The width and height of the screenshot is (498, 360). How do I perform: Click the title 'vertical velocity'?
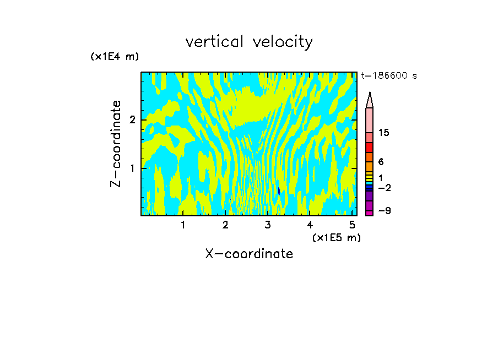click(x=249, y=42)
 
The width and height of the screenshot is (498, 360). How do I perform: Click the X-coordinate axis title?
click(x=249, y=254)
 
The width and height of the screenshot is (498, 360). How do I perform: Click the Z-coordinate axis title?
click(x=116, y=144)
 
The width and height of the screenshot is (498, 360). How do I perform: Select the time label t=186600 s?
click(x=388, y=76)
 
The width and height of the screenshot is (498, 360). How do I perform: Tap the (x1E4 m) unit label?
click(x=115, y=57)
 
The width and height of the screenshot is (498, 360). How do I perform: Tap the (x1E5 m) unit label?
click(x=336, y=237)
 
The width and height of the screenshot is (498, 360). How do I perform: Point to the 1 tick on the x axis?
click(x=183, y=225)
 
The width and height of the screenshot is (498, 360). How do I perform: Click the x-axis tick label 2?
click(x=225, y=225)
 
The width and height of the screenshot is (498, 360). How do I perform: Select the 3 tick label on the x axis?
click(x=268, y=225)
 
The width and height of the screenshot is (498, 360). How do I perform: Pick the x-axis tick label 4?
click(x=310, y=225)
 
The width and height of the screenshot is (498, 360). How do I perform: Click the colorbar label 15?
click(x=384, y=133)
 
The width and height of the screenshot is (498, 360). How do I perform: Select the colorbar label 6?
click(x=381, y=162)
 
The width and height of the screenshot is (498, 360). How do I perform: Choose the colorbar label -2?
click(x=384, y=188)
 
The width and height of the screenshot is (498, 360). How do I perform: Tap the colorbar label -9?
click(x=384, y=211)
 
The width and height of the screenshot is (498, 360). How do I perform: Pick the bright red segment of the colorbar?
click(x=370, y=148)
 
